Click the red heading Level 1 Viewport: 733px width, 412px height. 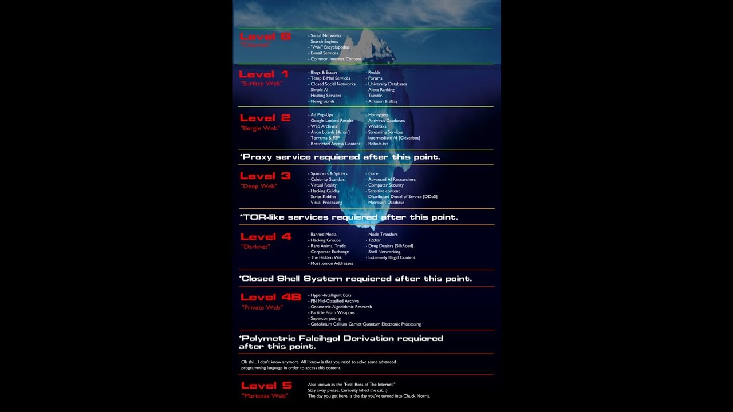pos(263,74)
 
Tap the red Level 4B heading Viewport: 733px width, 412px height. pos(270,297)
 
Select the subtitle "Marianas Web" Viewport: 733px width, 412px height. pos(265,395)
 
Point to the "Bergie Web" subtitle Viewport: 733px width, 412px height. pos(260,128)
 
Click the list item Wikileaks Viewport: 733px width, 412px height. pos(378,126)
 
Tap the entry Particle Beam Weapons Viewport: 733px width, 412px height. pos(332,312)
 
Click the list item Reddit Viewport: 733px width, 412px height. pos(374,73)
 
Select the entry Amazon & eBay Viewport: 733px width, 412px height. pos(383,101)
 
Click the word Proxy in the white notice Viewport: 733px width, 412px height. pos(258,157)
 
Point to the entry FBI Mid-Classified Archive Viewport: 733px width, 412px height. pos(334,301)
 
